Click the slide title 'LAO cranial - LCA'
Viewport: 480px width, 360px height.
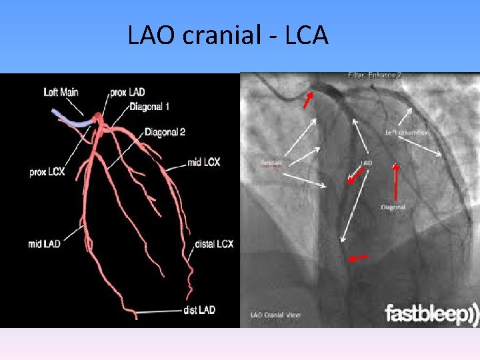pyautogui.click(x=228, y=35)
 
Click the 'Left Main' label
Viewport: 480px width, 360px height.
pyautogui.click(x=61, y=91)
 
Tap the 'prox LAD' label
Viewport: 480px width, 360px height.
pyautogui.click(x=129, y=91)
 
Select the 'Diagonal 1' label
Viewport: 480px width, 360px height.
pyautogui.click(x=149, y=107)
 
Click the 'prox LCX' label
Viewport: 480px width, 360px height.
pyautogui.click(x=47, y=171)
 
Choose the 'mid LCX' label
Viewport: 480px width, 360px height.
pyautogui.click(x=203, y=162)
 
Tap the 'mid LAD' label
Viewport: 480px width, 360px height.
pyautogui.click(x=45, y=244)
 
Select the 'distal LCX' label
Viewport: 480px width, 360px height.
pyautogui.click(x=214, y=244)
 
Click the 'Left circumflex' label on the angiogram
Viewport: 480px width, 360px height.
pyautogui.click(x=407, y=133)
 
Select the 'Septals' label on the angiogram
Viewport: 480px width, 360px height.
pyautogui.click(x=273, y=162)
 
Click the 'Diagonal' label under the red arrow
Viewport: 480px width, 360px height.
pyautogui.click(x=393, y=207)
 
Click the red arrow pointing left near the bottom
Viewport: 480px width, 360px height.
pyautogui.click(x=359, y=258)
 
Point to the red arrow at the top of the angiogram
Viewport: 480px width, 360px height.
pyautogui.click(x=307, y=100)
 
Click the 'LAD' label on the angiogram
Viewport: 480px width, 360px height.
pyautogui.click(x=367, y=162)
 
